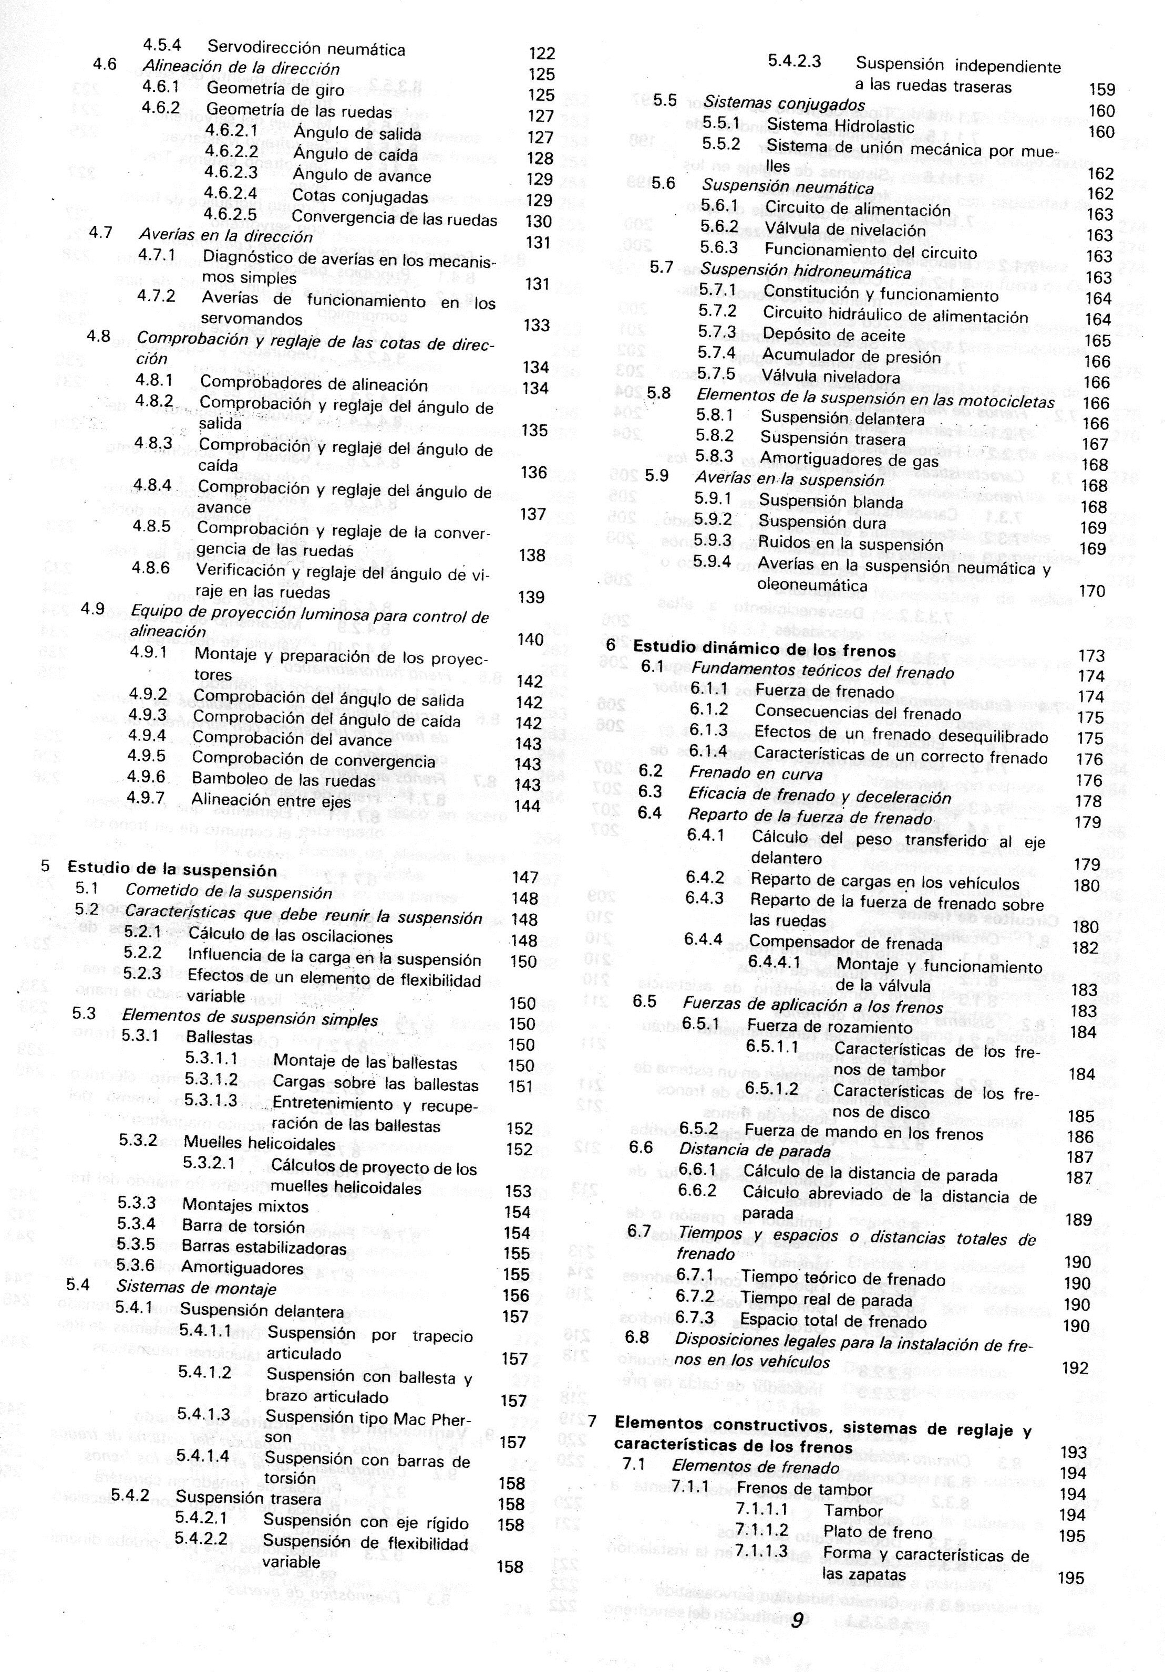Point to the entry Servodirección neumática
click(306, 49)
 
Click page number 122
click(542, 53)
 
